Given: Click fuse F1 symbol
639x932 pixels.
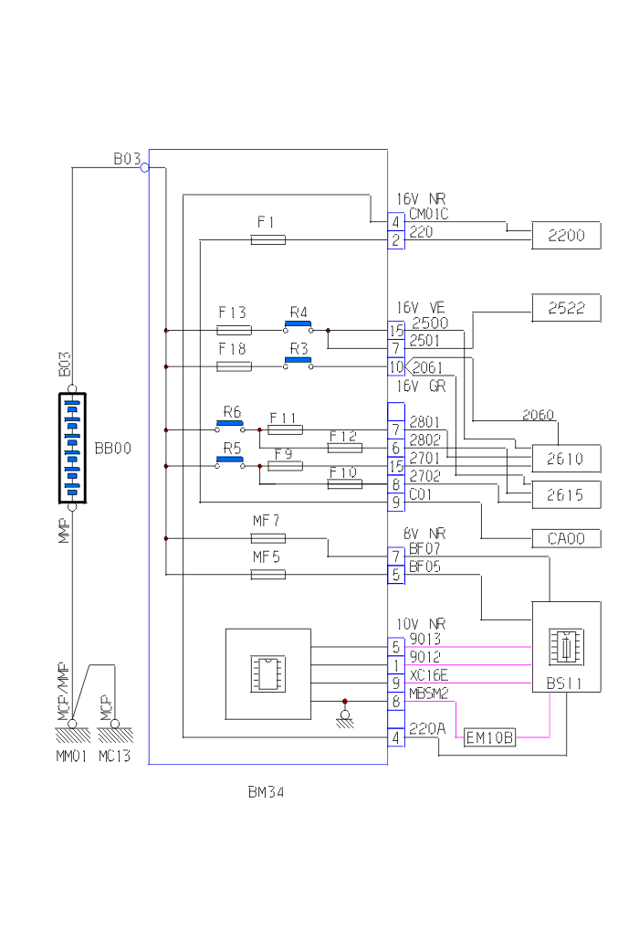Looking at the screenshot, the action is point(267,240).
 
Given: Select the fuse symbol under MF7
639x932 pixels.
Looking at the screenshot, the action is point(267,538).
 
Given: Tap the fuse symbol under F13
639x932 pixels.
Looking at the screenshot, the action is point(234,331).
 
